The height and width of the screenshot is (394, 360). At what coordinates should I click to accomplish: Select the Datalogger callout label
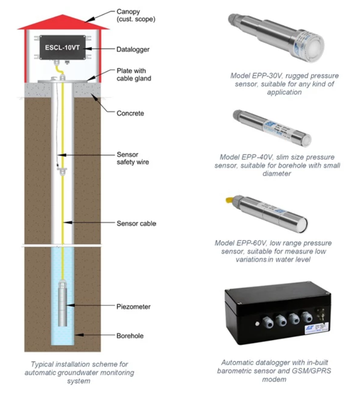[x=133, y=49]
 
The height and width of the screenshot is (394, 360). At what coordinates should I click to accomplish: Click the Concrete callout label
[x=130, y=113]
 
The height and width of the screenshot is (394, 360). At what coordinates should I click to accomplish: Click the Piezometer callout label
[x=133, y=306]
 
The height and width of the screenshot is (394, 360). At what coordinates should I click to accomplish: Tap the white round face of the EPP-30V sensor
[x=316, y=51]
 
